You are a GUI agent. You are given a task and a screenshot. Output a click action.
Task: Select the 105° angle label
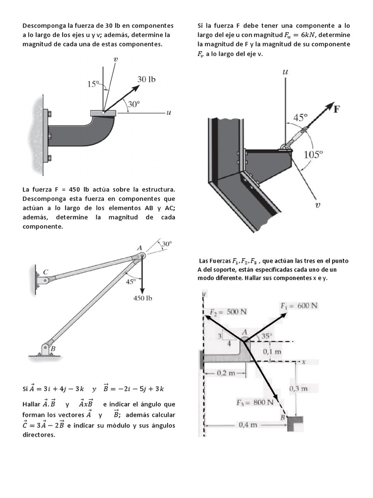click(x=313, y=154)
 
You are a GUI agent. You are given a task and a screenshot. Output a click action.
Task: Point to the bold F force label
click(x=337, y=108)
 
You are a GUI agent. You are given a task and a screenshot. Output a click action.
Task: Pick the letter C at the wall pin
click(x=45, y=272)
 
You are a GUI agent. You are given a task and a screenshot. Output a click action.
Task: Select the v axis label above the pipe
click(x=116, y=59)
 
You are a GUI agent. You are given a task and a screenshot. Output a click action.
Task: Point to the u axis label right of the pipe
click(x=169, y=113)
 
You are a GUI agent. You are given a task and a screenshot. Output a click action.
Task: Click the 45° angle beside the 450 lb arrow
click(x=130, y=281)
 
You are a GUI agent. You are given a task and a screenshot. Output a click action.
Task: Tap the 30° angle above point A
click(x=167, y=243)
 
